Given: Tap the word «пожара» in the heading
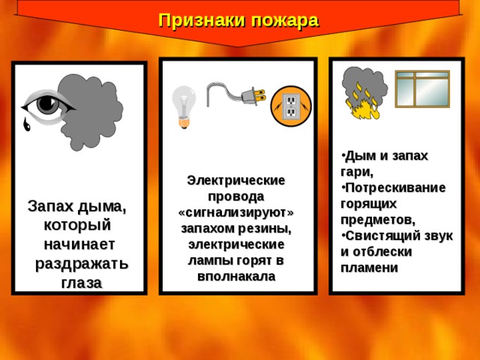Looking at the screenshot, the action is (x=285, y=22).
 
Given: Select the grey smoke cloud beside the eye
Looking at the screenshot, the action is (x=91, y=112).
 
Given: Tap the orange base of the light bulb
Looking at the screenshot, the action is (x=183, y=123).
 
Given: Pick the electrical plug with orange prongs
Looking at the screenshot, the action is (x=253, y=95).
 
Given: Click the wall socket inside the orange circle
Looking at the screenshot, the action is (x=290, y=106).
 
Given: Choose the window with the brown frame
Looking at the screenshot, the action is (x=422, y=88).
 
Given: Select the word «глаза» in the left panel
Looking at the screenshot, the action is (x=82, y=283).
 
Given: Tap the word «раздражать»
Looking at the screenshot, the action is (x=82, y=264).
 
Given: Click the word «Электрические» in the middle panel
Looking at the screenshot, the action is (x=236, y=180).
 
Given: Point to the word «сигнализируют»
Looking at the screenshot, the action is (x=236, y=212).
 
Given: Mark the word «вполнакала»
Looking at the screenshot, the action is (x=236, y=276).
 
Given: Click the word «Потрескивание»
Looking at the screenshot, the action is (x=395, y=188).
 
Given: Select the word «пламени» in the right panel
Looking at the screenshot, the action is (x=370, y=268).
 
